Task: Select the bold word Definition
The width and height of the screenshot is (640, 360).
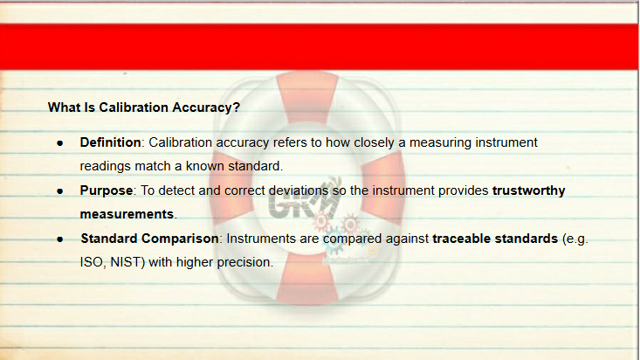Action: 110,142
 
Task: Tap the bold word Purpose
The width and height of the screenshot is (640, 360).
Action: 107,190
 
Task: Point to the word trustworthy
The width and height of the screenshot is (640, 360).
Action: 528,190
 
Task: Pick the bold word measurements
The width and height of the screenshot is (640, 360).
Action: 127,214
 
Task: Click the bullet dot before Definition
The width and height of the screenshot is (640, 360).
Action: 60,143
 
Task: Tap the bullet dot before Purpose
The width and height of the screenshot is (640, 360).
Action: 60,191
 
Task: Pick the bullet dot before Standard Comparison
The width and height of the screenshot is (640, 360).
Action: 60,239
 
